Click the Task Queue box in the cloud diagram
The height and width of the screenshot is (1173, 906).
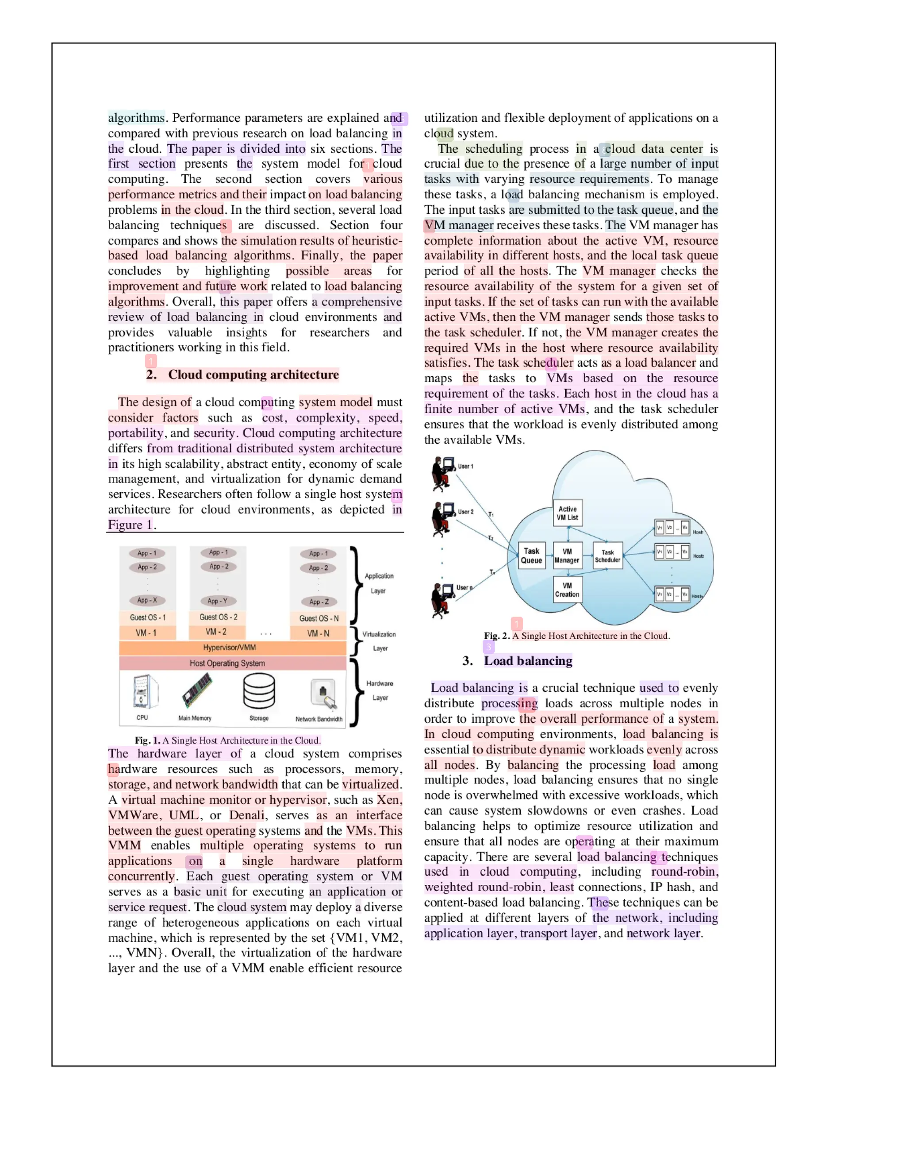[x=531, y=556]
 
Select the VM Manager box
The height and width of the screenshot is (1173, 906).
[x=567, y=556]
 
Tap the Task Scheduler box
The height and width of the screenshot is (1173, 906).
[x=607, y=556]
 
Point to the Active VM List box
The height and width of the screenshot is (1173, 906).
[x=567, y=513]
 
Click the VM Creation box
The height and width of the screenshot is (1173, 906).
[x=567, y=590]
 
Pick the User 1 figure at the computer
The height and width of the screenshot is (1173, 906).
[x=442, y=474]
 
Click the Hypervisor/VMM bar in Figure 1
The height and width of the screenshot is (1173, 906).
[x=232, y=648]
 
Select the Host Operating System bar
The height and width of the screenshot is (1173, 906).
[x=232, y=664]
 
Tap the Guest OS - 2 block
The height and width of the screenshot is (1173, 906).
[x=218, y=617]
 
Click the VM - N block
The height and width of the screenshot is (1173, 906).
[x=318, y=633]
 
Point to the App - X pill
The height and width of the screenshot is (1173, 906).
[x=147, y=600]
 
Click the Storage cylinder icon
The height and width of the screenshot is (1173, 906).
[x=259, y=691]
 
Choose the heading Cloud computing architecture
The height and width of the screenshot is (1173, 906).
[x=253, y=374]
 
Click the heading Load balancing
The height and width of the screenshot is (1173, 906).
[x=528, y=660]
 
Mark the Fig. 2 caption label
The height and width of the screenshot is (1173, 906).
[x=496, y=636]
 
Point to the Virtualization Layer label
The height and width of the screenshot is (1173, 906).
[x=379, y=641]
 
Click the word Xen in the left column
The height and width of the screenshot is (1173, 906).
[x=388, y=800]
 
